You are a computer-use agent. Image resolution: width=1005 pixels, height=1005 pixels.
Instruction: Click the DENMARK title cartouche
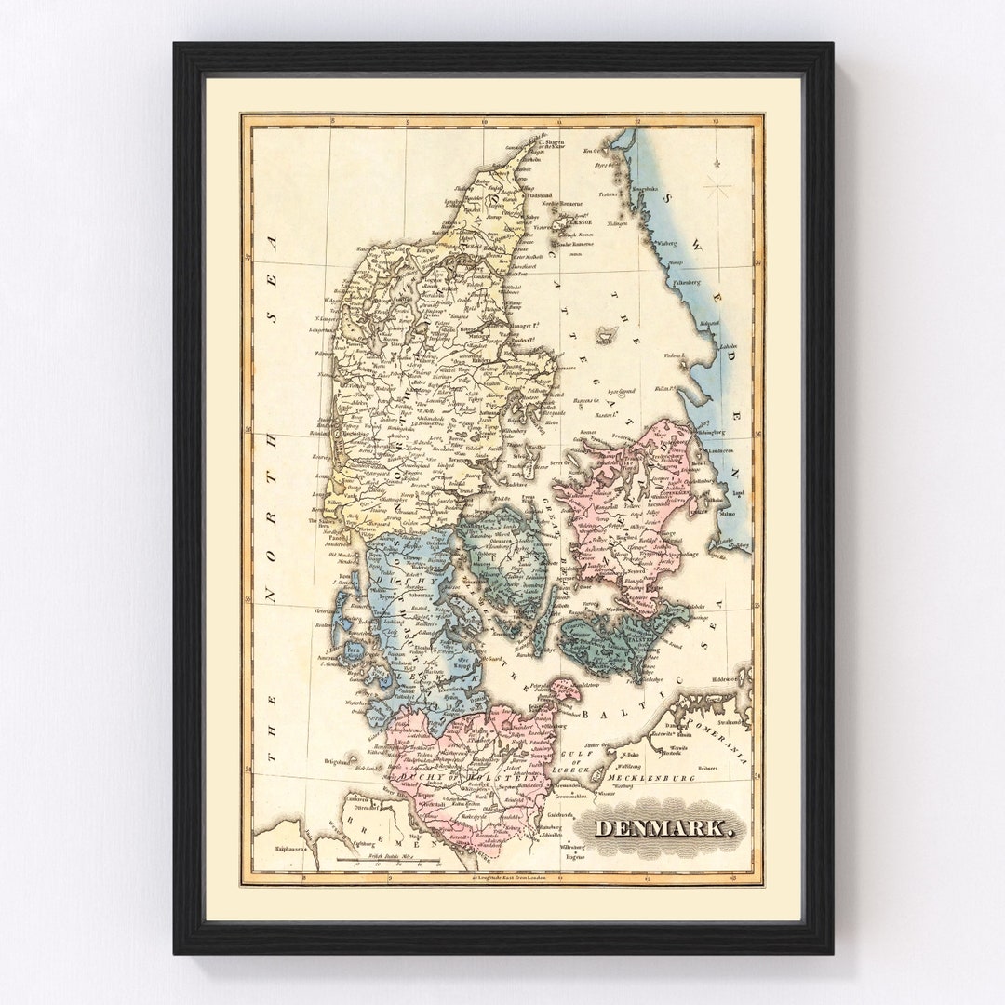[664, 827]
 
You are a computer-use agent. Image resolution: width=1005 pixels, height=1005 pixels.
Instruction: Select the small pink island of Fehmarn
[565, 690]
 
